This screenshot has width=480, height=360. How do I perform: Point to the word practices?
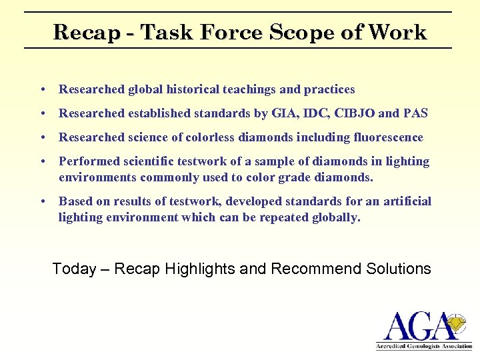click(329, 89)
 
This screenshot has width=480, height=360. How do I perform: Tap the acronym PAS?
click(415, 113)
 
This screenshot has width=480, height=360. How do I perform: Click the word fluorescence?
click(390, 137)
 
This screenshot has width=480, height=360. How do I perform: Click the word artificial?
click(409, 201)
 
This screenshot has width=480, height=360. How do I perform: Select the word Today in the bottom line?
click(74, 269)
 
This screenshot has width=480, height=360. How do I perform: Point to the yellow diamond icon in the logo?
click(455, 323)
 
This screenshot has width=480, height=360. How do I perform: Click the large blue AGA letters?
click(413, 327)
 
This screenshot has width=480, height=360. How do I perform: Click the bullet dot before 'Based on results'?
click(42, 201)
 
